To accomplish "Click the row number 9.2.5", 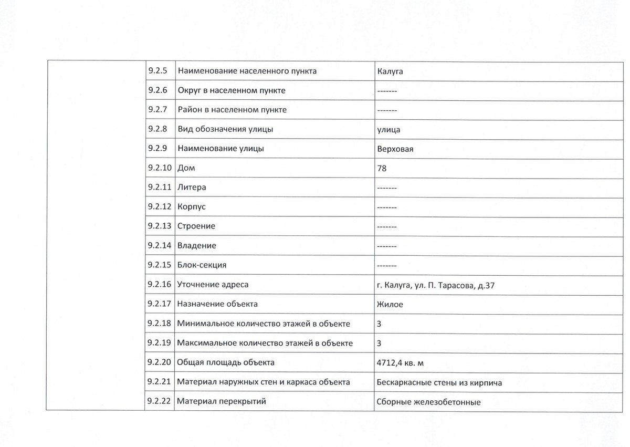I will (157, 71).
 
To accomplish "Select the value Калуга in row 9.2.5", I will (390, 71).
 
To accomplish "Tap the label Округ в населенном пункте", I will (232, 90).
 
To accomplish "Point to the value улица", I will (388, 129).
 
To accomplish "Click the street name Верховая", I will (395, 149).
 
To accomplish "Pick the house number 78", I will (382, 169).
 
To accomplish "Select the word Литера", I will (192, 188).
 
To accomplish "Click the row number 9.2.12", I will (160, 207).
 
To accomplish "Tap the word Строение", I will (196, 226).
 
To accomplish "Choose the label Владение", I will (196, 245).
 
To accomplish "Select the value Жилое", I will (390, 304).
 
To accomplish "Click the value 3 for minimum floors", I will (379, 324).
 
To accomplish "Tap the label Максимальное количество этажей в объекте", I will (265, 344).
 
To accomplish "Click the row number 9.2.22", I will (160, 402).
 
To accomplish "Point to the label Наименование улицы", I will (220, 149).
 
